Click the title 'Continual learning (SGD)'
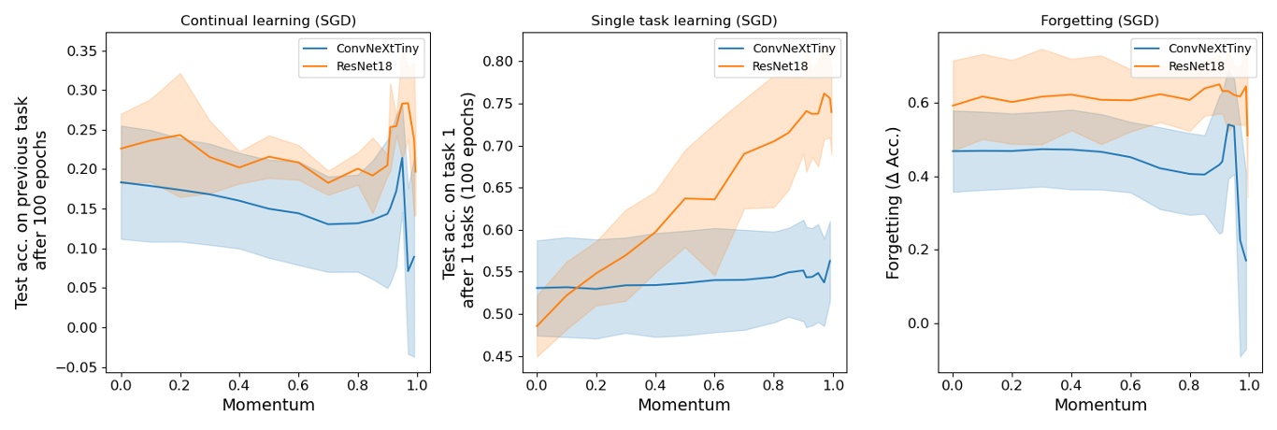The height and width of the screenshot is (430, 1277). (x=267, y=21)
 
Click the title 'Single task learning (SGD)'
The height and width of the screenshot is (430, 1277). (x=683, y=21)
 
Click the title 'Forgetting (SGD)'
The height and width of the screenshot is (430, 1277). (x=1099, y=21)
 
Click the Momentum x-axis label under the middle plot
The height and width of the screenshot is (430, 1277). (x=683, y=406)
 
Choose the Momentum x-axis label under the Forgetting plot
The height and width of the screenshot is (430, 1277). (x=1099, y=406)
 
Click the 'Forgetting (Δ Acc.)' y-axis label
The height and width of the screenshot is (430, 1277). (x=894, y=202)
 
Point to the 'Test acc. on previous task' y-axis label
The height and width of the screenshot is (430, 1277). (x=22, y=202)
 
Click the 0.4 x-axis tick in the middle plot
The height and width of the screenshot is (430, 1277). (x=655, y=384)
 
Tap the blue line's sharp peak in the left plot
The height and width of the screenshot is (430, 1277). (x=402, y=157)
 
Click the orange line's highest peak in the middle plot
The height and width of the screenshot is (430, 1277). (x=825, y=93)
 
